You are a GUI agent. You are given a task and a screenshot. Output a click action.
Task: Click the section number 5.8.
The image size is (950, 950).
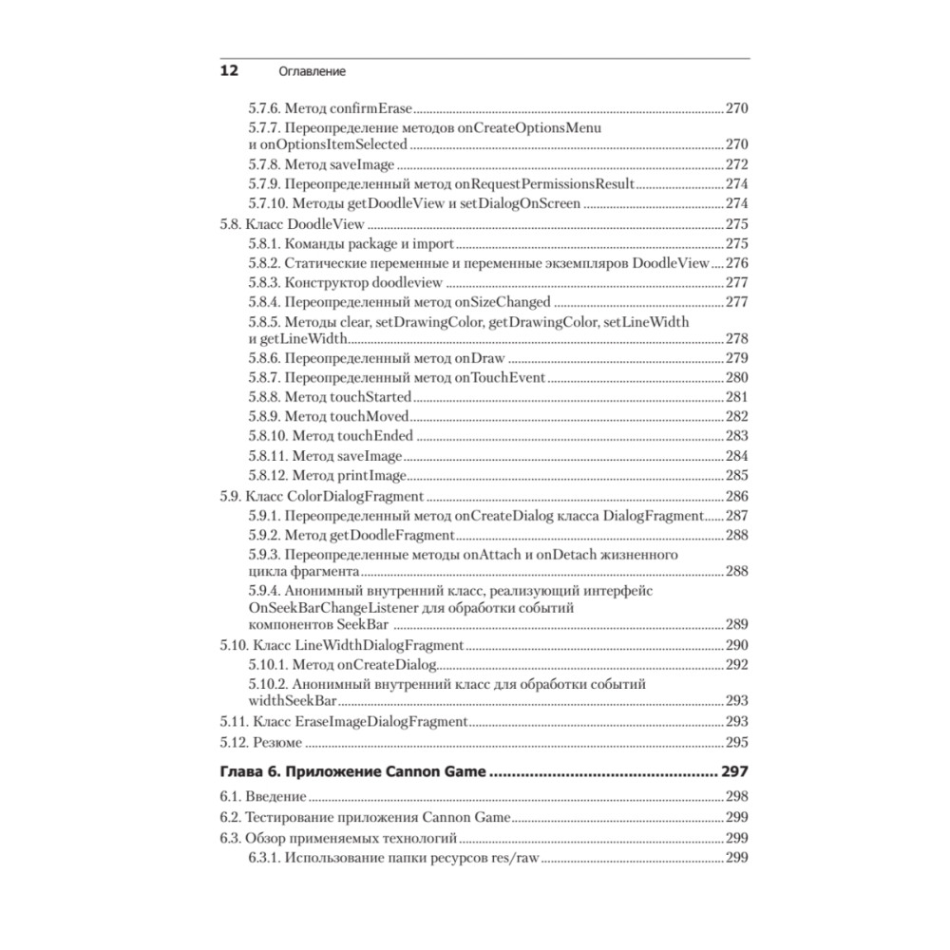click(231, 225)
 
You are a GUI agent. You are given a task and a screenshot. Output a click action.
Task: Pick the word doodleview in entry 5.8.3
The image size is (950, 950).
click(410, 283)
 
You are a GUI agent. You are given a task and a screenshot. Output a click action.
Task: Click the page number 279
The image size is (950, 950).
click(737, 358)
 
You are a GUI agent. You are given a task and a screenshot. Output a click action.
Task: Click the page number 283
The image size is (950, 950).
click(737, 436)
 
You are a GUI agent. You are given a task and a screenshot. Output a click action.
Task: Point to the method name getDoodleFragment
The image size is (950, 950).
click(397, 536)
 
